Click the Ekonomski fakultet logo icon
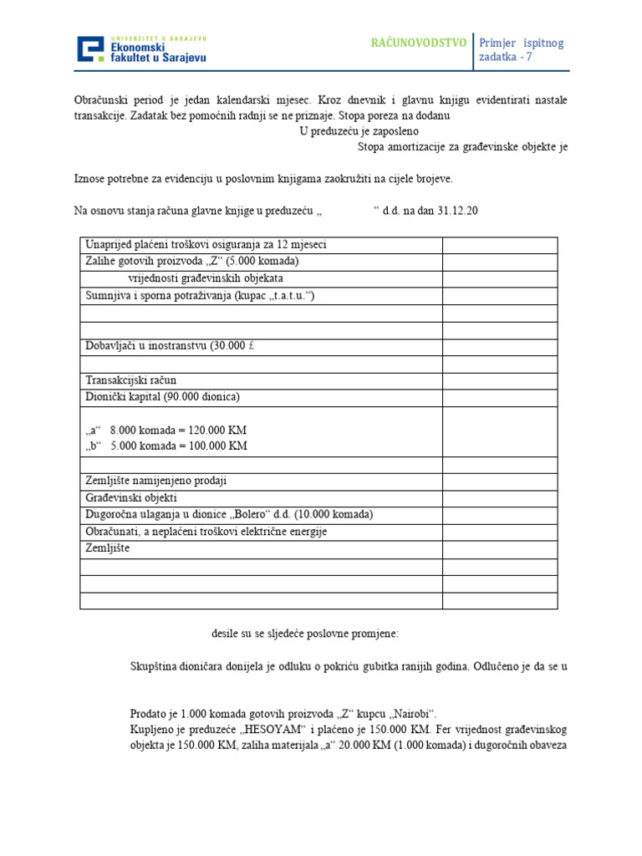(91, 49)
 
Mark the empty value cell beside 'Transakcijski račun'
(499, 380)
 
